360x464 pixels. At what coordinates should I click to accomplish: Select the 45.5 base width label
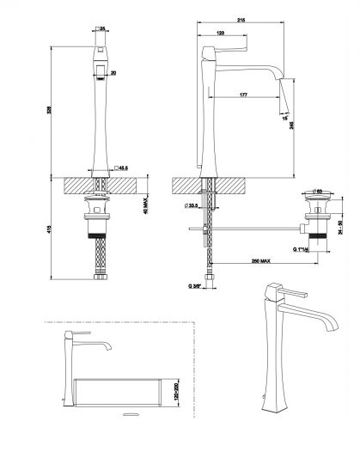(x=123, y=168)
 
